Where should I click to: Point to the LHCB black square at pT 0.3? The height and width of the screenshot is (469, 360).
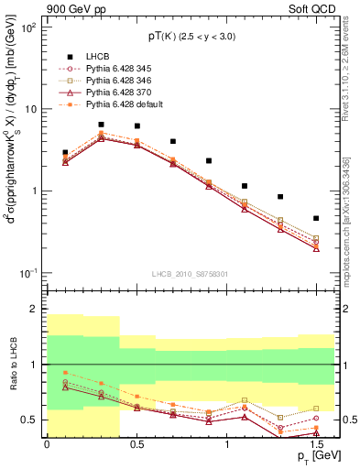101,125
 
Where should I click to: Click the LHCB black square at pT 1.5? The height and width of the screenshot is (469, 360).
316,218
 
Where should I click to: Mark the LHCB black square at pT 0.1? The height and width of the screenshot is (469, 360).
65,153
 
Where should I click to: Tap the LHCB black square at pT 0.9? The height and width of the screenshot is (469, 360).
209,161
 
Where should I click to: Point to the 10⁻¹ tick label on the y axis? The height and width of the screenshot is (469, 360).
31,274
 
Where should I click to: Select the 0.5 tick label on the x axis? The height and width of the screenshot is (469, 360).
136,443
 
